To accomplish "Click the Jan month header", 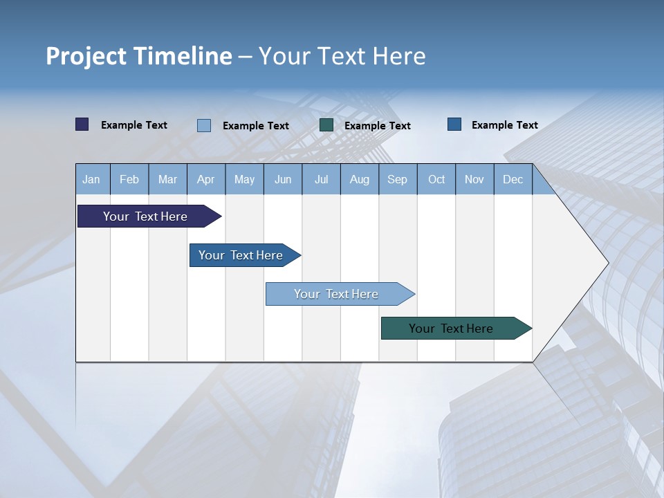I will click(x=91, y=180).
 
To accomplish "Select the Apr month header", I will click(x=206, y=180).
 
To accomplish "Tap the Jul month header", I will click(x=322, y=180).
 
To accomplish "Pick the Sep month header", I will click(x=397, y=180).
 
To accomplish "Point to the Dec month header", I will click(x=513, y=180).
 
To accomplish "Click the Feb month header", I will click(x=129, y=180).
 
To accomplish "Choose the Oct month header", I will click(x=436, y=180).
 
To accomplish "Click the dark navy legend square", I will click(x=82, y=124).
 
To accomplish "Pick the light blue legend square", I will click(x=204, y=125).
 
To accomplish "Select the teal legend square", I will click(x=326, y=125).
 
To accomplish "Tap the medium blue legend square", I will click(x=454, y=124).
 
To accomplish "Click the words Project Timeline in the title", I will click(x=138, y=56).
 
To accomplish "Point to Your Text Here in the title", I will click(x=342, y=56).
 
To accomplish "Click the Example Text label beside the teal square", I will click(x=378, y=126).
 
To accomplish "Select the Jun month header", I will click(x=283, y=180).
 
